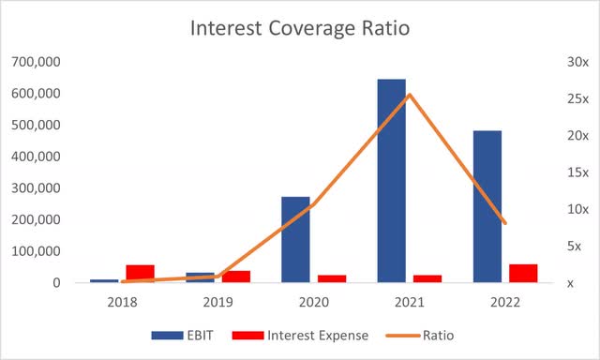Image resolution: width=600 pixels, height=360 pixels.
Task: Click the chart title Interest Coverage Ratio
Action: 300,27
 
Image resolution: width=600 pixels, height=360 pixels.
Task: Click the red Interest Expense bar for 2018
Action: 140,273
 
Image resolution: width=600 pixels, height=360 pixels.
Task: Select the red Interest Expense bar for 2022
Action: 523,272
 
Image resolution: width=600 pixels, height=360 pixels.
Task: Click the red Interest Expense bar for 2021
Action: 427,277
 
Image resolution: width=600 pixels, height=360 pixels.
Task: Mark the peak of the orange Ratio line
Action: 409,94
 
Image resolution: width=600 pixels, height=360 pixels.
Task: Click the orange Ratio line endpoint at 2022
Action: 505,223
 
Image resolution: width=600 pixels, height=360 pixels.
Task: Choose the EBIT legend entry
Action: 182,335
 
